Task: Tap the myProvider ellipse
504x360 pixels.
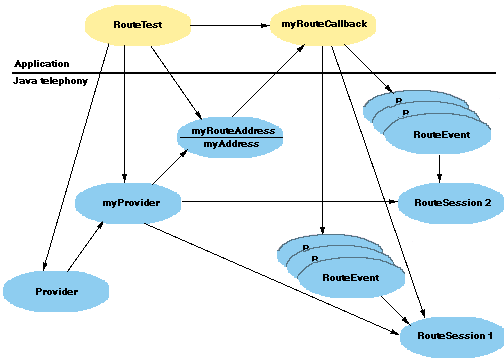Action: (125, 203)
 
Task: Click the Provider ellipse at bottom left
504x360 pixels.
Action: (56, 291)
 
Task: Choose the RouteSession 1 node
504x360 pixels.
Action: (449, 335)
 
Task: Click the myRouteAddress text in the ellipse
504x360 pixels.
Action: (233, 131)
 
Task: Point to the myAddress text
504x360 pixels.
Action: (232, 144)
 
